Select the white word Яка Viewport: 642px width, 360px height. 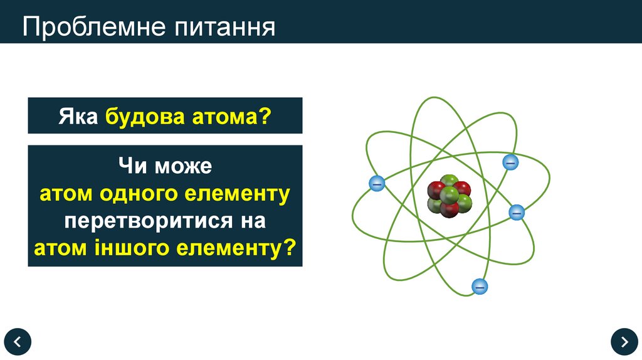pos(78,116)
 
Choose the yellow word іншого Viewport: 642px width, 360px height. pos(139,248)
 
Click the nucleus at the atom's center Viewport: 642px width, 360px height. pos(449,196)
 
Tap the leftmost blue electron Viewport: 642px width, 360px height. pos(376,184)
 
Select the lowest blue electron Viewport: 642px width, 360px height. pos(480,287)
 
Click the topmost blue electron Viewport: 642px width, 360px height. pos(510,162)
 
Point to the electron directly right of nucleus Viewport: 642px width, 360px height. pos(516,213)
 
